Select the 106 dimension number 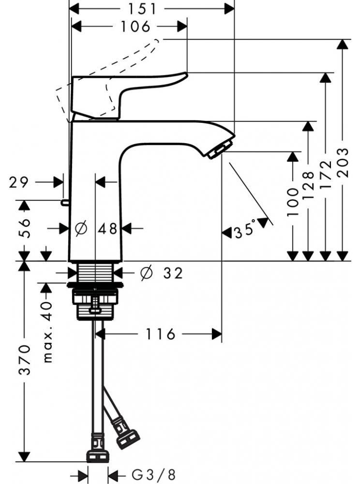tap(135, 27)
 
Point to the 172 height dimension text tap(326, 175)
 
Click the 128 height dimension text tap(309, 185)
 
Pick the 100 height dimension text tap(292, 202)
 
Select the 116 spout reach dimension tap(160, 333)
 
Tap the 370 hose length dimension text tap(25, 360)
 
